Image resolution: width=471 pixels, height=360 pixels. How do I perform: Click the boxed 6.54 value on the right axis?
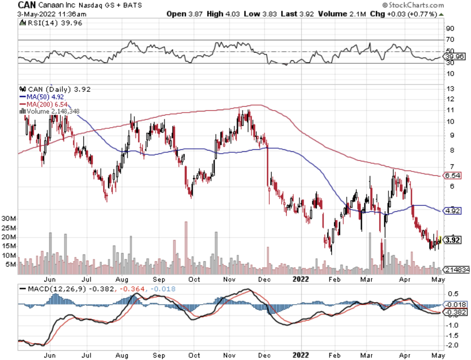(452, 175)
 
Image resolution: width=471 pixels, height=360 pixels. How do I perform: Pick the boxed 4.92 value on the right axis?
(452, 211)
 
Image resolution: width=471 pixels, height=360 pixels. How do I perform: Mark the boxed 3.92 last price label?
(452, 240)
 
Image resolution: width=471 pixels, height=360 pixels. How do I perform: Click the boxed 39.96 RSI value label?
(454, 57)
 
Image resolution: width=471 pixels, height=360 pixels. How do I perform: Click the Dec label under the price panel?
(265, 279)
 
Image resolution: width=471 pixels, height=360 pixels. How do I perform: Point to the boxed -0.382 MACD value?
(454, 312)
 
